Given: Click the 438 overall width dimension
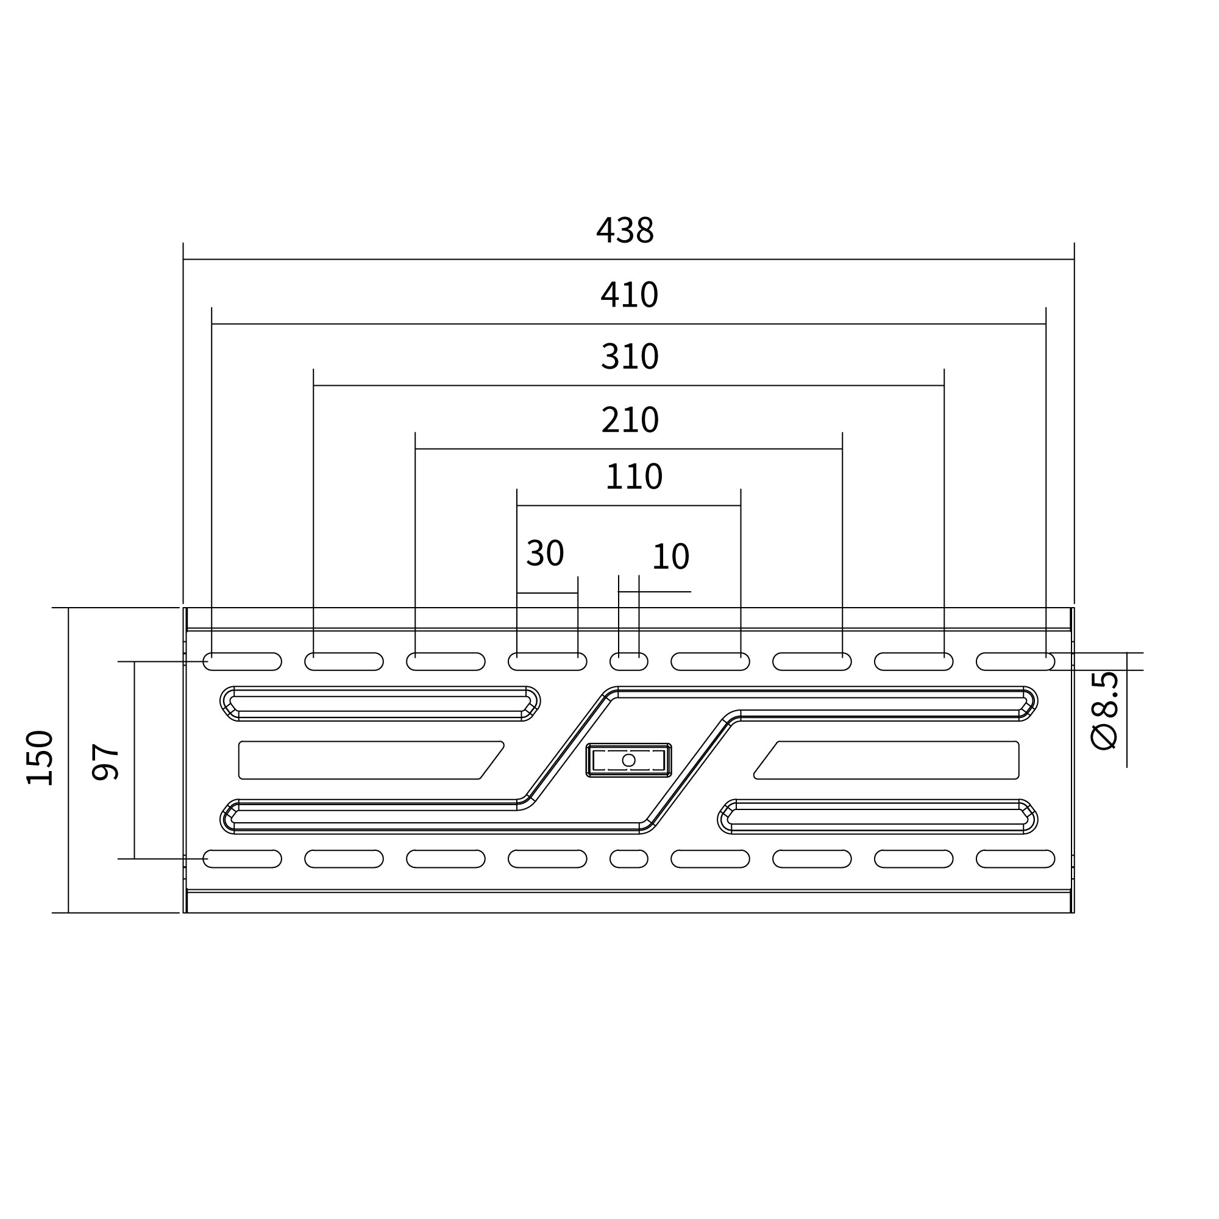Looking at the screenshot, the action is click(x=625, y=230).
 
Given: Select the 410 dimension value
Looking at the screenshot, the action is click(x=629, y=294).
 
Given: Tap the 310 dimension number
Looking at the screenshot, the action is click(x=630, y=357).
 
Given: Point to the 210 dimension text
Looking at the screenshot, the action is click(x=630, y=419).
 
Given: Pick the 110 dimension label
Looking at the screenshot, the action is click(x=633, y=477).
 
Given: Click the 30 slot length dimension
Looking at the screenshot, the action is click(x=545, y=553).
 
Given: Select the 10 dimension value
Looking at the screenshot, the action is click(x=670, y=556).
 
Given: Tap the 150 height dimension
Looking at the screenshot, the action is click(x=39, y=758).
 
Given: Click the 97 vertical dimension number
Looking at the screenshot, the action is click(x=105, y=763).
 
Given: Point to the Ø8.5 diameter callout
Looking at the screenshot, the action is click(x=1104, y=711).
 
